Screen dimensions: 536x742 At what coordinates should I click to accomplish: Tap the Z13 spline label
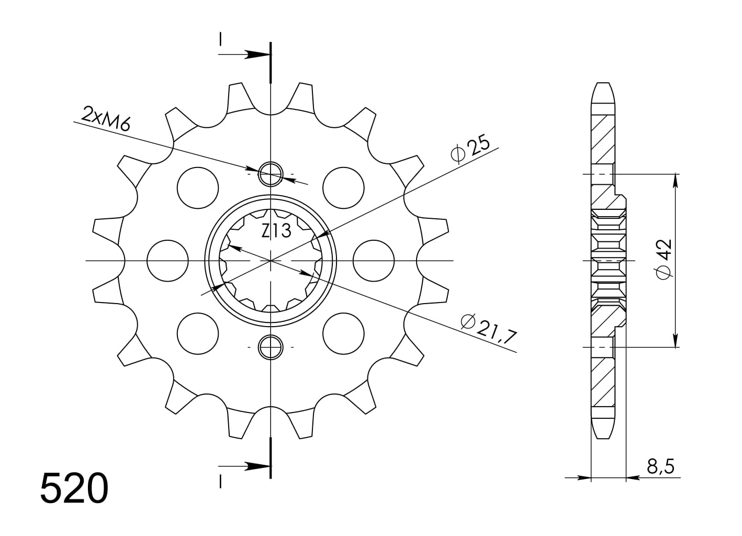pos(276,230)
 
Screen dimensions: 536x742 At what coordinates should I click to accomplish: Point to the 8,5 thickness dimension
pos(660,465)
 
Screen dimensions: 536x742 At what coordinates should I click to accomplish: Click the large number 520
pos(74,488)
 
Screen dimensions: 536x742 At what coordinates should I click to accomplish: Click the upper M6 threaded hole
pos(271,174)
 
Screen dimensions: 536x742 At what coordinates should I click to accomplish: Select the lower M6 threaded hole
pos(271,347)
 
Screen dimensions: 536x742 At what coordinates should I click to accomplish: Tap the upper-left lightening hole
pos(198,187)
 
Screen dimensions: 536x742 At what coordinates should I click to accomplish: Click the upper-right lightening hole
pos(343,187)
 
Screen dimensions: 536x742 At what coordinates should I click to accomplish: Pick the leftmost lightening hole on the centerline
pos(167,260)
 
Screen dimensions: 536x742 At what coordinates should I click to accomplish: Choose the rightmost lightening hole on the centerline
pos(374,260)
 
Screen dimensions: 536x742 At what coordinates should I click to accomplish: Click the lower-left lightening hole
pos(198,333)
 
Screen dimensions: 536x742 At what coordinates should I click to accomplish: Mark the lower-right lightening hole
pos(343,333)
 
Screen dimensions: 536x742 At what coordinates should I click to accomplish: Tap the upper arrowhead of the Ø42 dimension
pos(676,180)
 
